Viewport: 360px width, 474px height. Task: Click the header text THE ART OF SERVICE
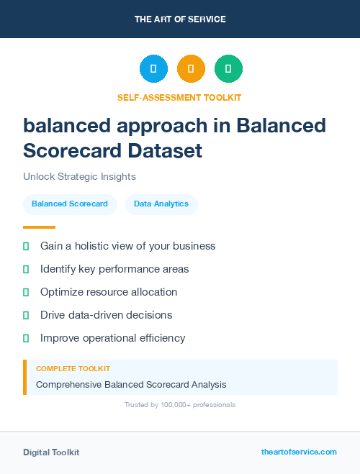pos(180,19)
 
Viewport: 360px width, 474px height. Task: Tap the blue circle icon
pos(153,69)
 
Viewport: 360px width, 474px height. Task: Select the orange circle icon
pos(191,69)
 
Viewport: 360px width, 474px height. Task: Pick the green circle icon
pos(228,69)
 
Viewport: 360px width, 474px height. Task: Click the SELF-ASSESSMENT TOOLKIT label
pos(179,97)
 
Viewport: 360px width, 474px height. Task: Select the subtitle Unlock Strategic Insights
pos(79,176)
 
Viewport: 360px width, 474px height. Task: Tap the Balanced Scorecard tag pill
pos(70,204)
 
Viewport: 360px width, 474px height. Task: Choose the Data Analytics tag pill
pos(161,204)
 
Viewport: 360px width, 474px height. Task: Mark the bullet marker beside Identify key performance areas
pos(26,269)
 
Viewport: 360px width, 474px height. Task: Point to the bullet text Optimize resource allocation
pos(109,292)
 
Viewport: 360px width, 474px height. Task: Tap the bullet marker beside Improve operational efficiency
pos(26,338)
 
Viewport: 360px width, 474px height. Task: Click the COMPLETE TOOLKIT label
pos(73,369)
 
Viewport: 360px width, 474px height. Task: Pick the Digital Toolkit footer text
pos(51,452)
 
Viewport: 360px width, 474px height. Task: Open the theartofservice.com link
pos(299,452)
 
